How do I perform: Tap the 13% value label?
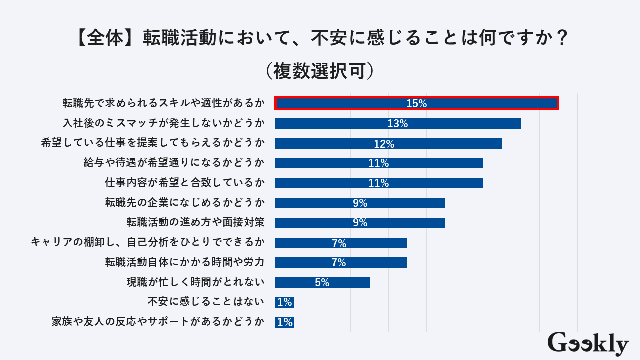[398, 124]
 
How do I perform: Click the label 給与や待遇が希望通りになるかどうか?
[174, 163]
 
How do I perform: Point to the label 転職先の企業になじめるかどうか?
[184, 202]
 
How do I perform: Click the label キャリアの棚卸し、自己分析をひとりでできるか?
[147, 242]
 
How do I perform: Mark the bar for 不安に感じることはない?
[285, 302]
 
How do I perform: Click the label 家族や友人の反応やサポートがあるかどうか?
[158, 322]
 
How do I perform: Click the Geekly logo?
[588, 343]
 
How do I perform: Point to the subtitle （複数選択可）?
[320, 70]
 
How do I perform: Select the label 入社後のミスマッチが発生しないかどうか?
[163, 123]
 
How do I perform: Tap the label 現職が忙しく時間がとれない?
[195, 282]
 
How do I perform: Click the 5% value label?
[322, 283]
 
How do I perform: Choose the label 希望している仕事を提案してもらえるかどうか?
[153, 143]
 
